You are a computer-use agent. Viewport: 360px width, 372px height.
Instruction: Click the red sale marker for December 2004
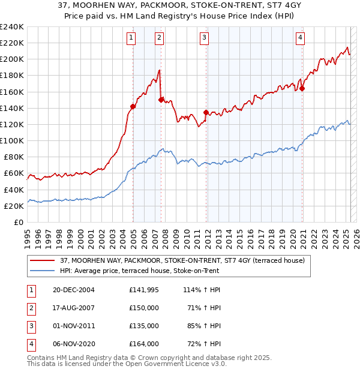pos(133,106)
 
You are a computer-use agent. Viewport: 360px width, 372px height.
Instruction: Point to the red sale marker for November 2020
pos(302,88)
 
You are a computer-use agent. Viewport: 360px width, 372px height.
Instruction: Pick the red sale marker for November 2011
pos(206,112)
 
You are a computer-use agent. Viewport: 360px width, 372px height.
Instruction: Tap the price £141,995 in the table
pos(144,289)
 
